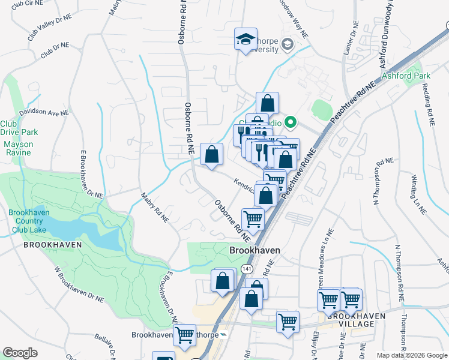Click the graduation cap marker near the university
point(246,40)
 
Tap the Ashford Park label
point(406,76)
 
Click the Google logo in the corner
point(20,352)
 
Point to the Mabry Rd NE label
point(154,208)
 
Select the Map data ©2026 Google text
point(411,355)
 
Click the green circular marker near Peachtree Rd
point(291,124)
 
